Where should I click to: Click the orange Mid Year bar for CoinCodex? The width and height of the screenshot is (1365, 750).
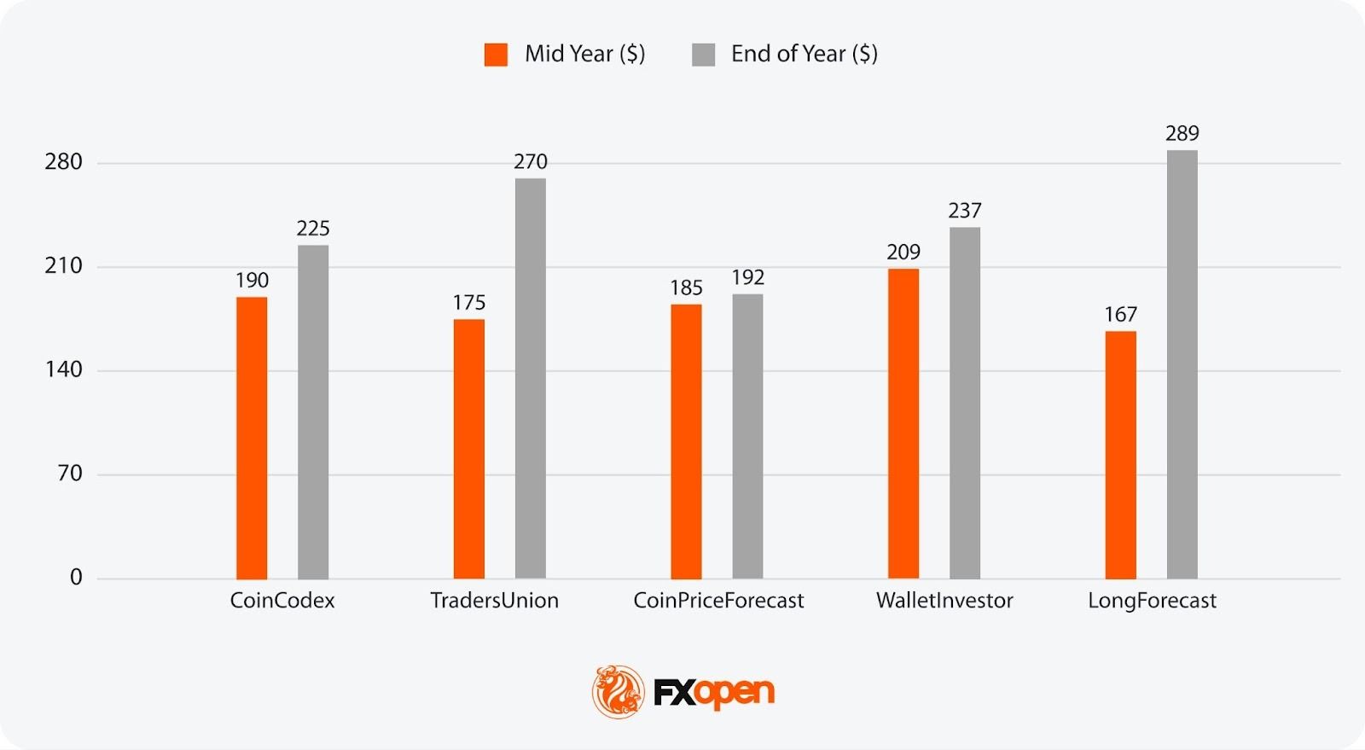(252, 438)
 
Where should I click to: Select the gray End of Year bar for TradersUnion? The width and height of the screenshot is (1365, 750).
(530, 378)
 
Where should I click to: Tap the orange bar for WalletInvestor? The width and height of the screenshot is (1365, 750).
(903, 423)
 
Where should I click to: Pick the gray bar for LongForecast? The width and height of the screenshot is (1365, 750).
(1182, 364)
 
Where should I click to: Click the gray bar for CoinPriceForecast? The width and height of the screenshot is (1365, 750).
(747, 436)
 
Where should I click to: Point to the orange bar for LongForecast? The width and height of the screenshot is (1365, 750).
(1120, 455)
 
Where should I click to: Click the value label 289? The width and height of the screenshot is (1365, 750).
(1182, 133)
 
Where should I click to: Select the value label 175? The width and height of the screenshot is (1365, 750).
(469, 302)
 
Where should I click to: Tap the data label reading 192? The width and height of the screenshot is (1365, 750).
(747, 277)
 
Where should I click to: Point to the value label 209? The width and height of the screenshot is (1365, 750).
(903, 252)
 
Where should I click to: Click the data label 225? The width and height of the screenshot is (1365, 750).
(313, 228)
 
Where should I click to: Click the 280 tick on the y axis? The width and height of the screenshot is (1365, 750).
(64, 162)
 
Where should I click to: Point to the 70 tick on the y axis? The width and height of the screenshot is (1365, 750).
(70, 474)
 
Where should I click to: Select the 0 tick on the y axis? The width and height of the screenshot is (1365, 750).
(76, 578)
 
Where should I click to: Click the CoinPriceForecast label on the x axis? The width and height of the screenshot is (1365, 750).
(718, 601)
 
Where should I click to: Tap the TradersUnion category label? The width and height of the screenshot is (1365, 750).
(494, 601)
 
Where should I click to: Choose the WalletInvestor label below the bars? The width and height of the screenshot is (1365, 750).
(944, 601)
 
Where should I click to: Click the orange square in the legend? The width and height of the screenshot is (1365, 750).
(496, 55)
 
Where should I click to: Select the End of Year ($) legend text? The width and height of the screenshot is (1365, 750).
(804, 54)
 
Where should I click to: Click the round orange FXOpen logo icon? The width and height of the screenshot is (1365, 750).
(619, 691)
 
